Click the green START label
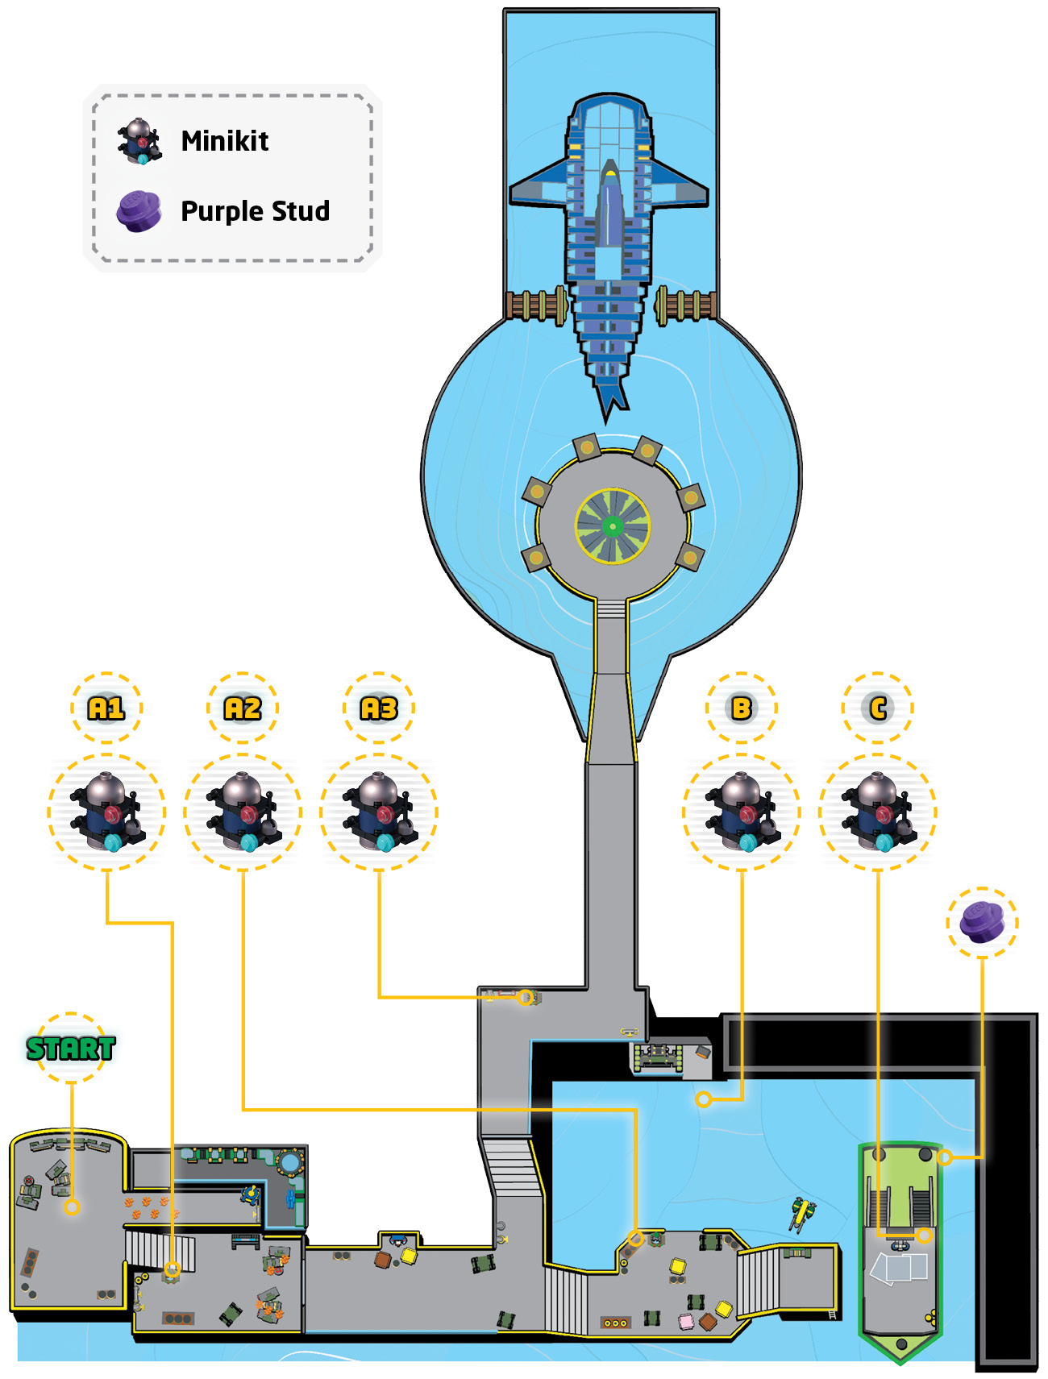point(71,1048)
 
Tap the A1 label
point(106,708)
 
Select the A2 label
point(243,708)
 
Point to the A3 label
point(379,708)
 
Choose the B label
point(742,708)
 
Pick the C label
point(878,708)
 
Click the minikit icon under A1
point(107,812)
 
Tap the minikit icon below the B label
point(742,812)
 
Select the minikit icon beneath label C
point(879,812)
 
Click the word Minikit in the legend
point(225,141)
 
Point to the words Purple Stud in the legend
point(256,211)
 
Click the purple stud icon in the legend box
point(139,211)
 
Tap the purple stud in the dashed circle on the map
point(982,922)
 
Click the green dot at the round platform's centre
point(613,526)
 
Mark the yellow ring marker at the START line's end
point(72,1207)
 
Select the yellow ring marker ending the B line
point(704,1099)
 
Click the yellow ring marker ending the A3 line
point(525,997)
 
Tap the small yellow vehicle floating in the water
point(803,1212)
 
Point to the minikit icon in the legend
point(139,141)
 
